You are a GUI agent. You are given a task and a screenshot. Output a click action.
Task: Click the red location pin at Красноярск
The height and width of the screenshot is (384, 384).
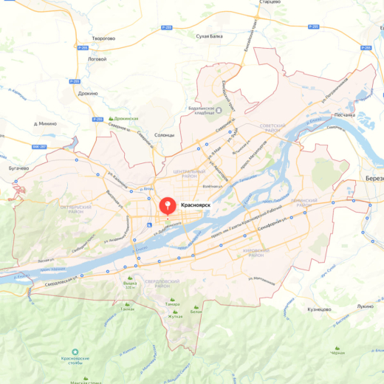(x=168, y=205)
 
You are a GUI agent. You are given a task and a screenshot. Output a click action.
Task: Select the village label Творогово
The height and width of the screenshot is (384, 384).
(x=103, y=38)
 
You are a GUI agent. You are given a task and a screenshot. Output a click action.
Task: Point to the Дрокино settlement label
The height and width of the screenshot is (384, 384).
(x=88, y=94)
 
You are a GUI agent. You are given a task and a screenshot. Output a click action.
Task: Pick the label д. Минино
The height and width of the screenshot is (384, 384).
(x=46, y=124)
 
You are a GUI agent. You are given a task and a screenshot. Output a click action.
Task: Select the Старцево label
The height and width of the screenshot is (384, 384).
(x=270, y=2)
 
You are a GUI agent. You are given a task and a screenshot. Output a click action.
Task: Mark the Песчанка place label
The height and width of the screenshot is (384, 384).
(x=345, y=114)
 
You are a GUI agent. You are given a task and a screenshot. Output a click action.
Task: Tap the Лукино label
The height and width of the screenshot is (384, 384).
(x=365, y=305)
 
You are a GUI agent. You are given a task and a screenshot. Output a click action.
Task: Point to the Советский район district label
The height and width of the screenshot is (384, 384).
(x=272, y=128)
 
